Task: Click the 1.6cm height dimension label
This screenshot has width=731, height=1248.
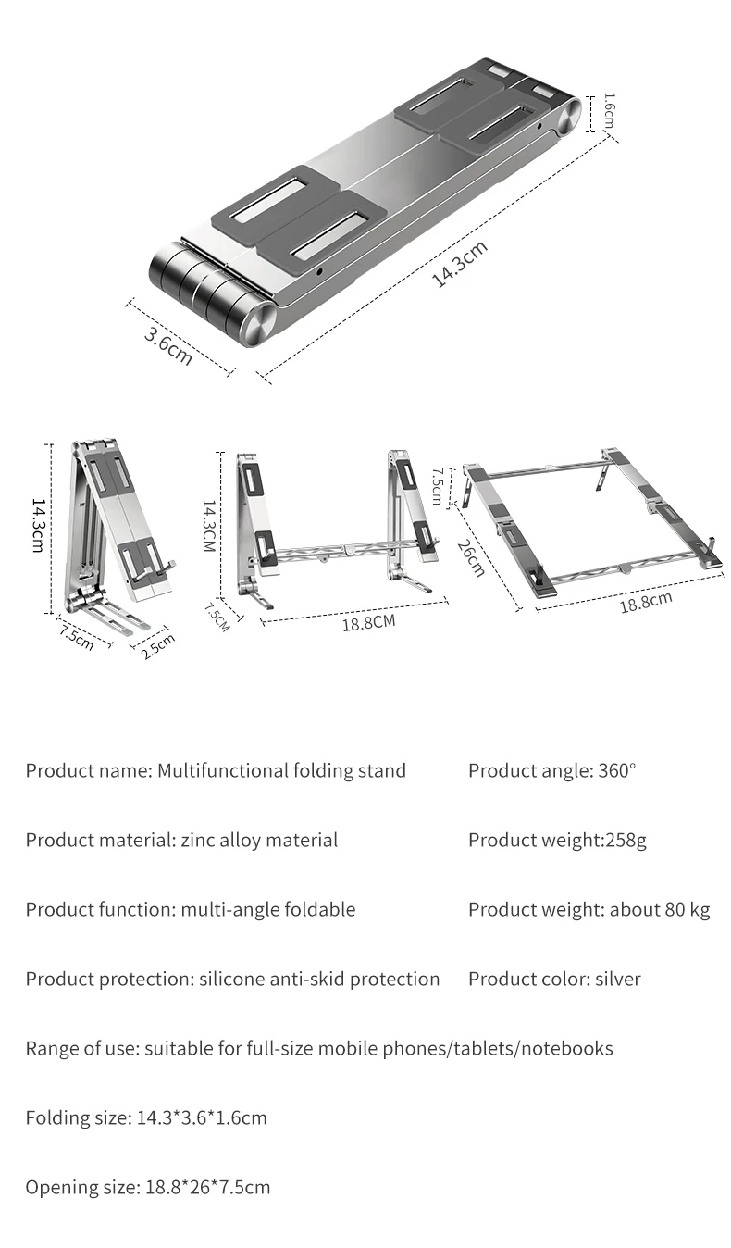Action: [x=609, y=111]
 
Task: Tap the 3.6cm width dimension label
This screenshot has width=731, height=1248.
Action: [x=168, y=345]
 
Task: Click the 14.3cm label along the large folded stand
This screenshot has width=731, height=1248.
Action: [x=460, y=264]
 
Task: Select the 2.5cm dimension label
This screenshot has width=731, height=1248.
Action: [x=157, y=645]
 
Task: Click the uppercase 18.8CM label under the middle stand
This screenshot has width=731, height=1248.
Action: [x=368, y=622]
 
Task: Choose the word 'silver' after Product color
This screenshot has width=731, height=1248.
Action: [x=617, y=979]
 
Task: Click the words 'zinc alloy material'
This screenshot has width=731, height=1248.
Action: [x=259, y=840]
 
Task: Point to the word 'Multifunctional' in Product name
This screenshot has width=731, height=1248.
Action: [x=222, y=770]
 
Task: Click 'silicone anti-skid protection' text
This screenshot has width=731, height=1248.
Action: [x=319, y=979]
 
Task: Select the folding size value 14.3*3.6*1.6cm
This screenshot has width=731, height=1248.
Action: [x=202, y=1117]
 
